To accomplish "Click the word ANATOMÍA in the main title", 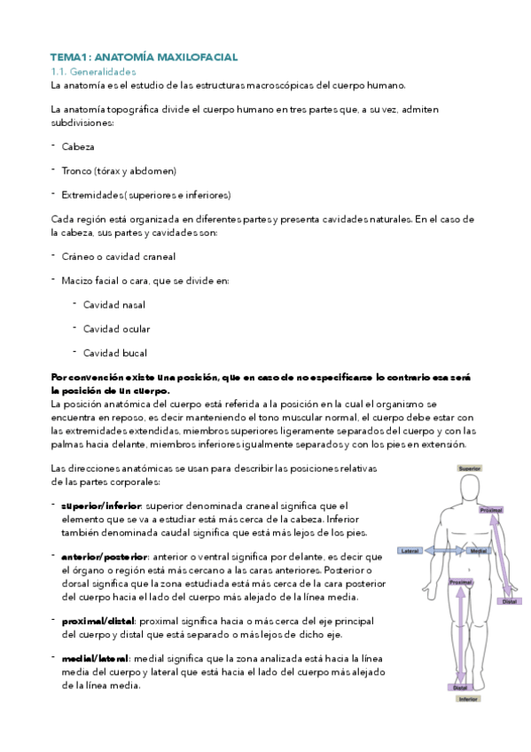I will click(117, 57).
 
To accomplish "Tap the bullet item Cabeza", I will click(79, 146).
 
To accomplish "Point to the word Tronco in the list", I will click(79, 170).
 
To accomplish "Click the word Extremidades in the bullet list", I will click(91, 194).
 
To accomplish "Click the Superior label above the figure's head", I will click(468, 466).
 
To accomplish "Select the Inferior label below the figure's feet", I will click(468, 699).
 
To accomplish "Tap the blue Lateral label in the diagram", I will click(410, 551).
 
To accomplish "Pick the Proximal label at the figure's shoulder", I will click(490, 510).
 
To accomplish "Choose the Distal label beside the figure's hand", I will click(510, 601).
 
